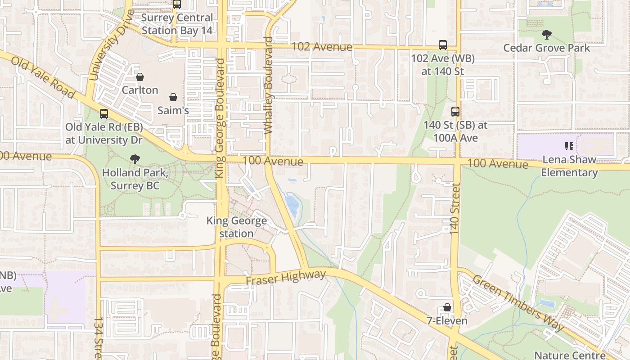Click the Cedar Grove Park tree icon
coord(546,34)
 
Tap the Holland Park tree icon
coord(134,158)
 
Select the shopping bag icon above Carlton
coord(140,77)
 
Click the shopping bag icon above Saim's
coord(173,97)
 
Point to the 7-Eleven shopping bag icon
coord(447,307)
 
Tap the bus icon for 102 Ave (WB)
coord(443,45)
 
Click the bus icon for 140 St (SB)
coord(455,111)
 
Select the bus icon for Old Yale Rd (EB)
coord(104,114)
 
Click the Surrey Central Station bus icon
coord(177,4)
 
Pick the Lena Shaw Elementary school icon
coord(569,146)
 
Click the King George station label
coord(237,227)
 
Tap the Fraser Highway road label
coord(286,277)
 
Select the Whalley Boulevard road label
coord(269,85)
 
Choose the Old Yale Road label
coord(43,78)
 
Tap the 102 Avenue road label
coord(322,47)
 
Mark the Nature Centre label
coord(570,355)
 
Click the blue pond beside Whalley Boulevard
coord(292,205)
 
